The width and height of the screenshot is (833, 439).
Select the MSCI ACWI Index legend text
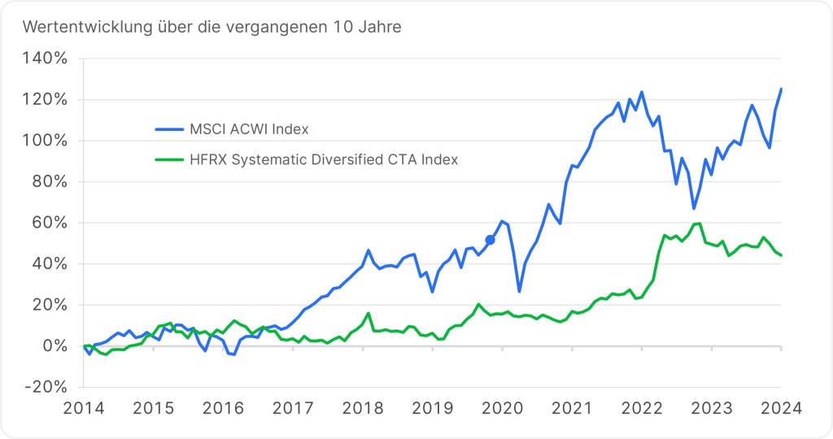[x=249, y=128]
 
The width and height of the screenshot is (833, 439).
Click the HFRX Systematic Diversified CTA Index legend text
[x=324, y=159]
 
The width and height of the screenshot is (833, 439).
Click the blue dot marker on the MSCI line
[x=490, y=240]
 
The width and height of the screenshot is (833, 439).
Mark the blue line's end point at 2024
[x=781, y=89]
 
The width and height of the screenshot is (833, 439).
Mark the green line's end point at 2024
[x=781, y=255]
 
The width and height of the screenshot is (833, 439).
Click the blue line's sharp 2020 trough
[x=519, y=291]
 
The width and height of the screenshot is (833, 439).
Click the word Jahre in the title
[x=380, y=27]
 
